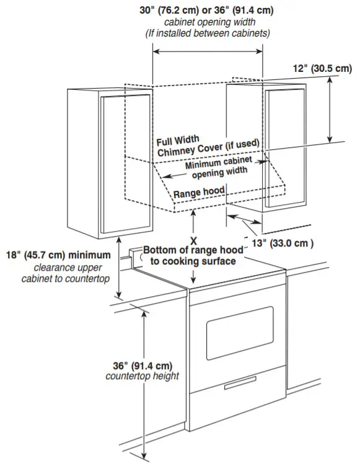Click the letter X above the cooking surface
pos(193,239)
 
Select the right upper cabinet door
pos(284,146)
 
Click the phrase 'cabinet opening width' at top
pos(208,22)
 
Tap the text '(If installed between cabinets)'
pos(208,32)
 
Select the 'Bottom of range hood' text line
pos(193,250)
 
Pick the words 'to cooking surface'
pos(193,261)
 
